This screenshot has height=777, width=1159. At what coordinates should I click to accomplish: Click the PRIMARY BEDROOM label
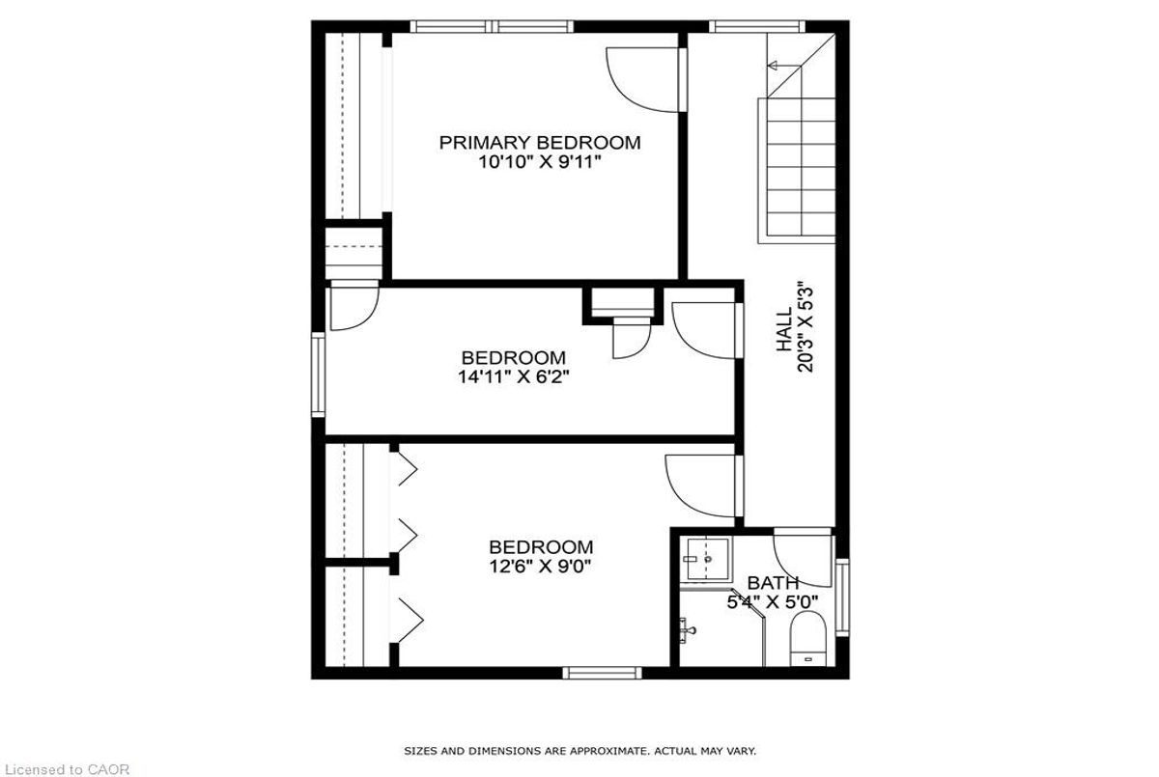click(540, 143)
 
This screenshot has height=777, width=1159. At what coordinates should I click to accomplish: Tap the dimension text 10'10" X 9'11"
click(539, 162)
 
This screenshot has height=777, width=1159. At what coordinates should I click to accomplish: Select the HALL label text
click(784, 329)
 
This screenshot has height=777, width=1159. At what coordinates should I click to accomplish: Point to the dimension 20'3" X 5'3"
click(806, 329)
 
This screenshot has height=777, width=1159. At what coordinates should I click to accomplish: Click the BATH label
click(773, 583)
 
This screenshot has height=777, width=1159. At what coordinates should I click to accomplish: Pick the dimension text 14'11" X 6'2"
click(513, 376)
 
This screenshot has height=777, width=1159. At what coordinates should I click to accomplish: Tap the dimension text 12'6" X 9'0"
click(540, 567)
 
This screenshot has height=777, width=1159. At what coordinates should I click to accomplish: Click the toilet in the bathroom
click(807, 638)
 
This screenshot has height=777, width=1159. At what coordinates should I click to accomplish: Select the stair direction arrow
click(784, 66)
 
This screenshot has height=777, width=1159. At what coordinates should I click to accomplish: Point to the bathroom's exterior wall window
click(842, 597)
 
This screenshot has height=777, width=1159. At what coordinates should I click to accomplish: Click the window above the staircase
click(757, 26)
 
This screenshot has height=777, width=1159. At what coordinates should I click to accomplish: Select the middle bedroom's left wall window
click(318, 375)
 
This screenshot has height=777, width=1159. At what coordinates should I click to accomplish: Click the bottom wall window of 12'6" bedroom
click(603, 673)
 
